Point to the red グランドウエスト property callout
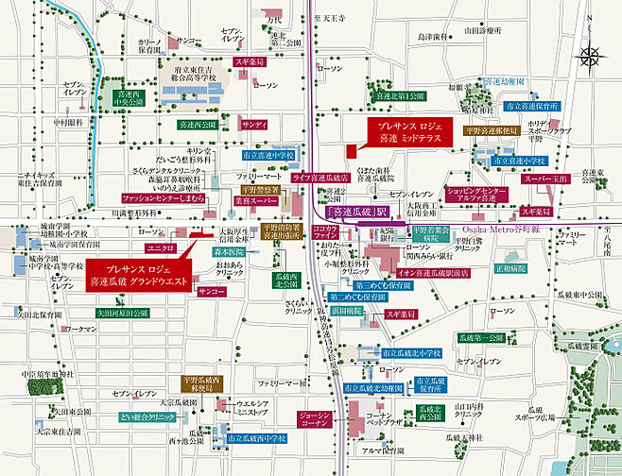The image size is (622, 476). pos(140,274)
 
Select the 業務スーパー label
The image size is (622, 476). pos(254,201)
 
